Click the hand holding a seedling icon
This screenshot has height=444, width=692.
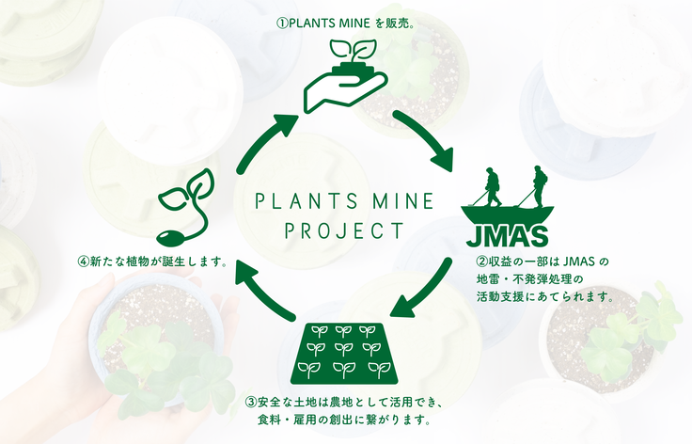click(346, 76)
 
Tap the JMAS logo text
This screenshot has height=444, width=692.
click(507, 236)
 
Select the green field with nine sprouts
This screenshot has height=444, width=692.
click(344, 353)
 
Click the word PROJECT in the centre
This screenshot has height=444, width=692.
click(344, 230)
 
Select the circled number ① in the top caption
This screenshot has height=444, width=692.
click(282, 24)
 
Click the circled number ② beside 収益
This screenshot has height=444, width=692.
click(482, 262)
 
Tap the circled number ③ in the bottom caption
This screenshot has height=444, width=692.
click(251, 402)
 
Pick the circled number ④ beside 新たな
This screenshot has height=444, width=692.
click(84, 262)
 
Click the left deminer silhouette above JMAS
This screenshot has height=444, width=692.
click(493, 186)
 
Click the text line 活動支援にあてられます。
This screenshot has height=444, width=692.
click(545, 296)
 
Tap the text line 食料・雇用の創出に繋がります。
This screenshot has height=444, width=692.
click(344, 420)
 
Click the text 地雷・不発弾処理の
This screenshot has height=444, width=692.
click(530, 279)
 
